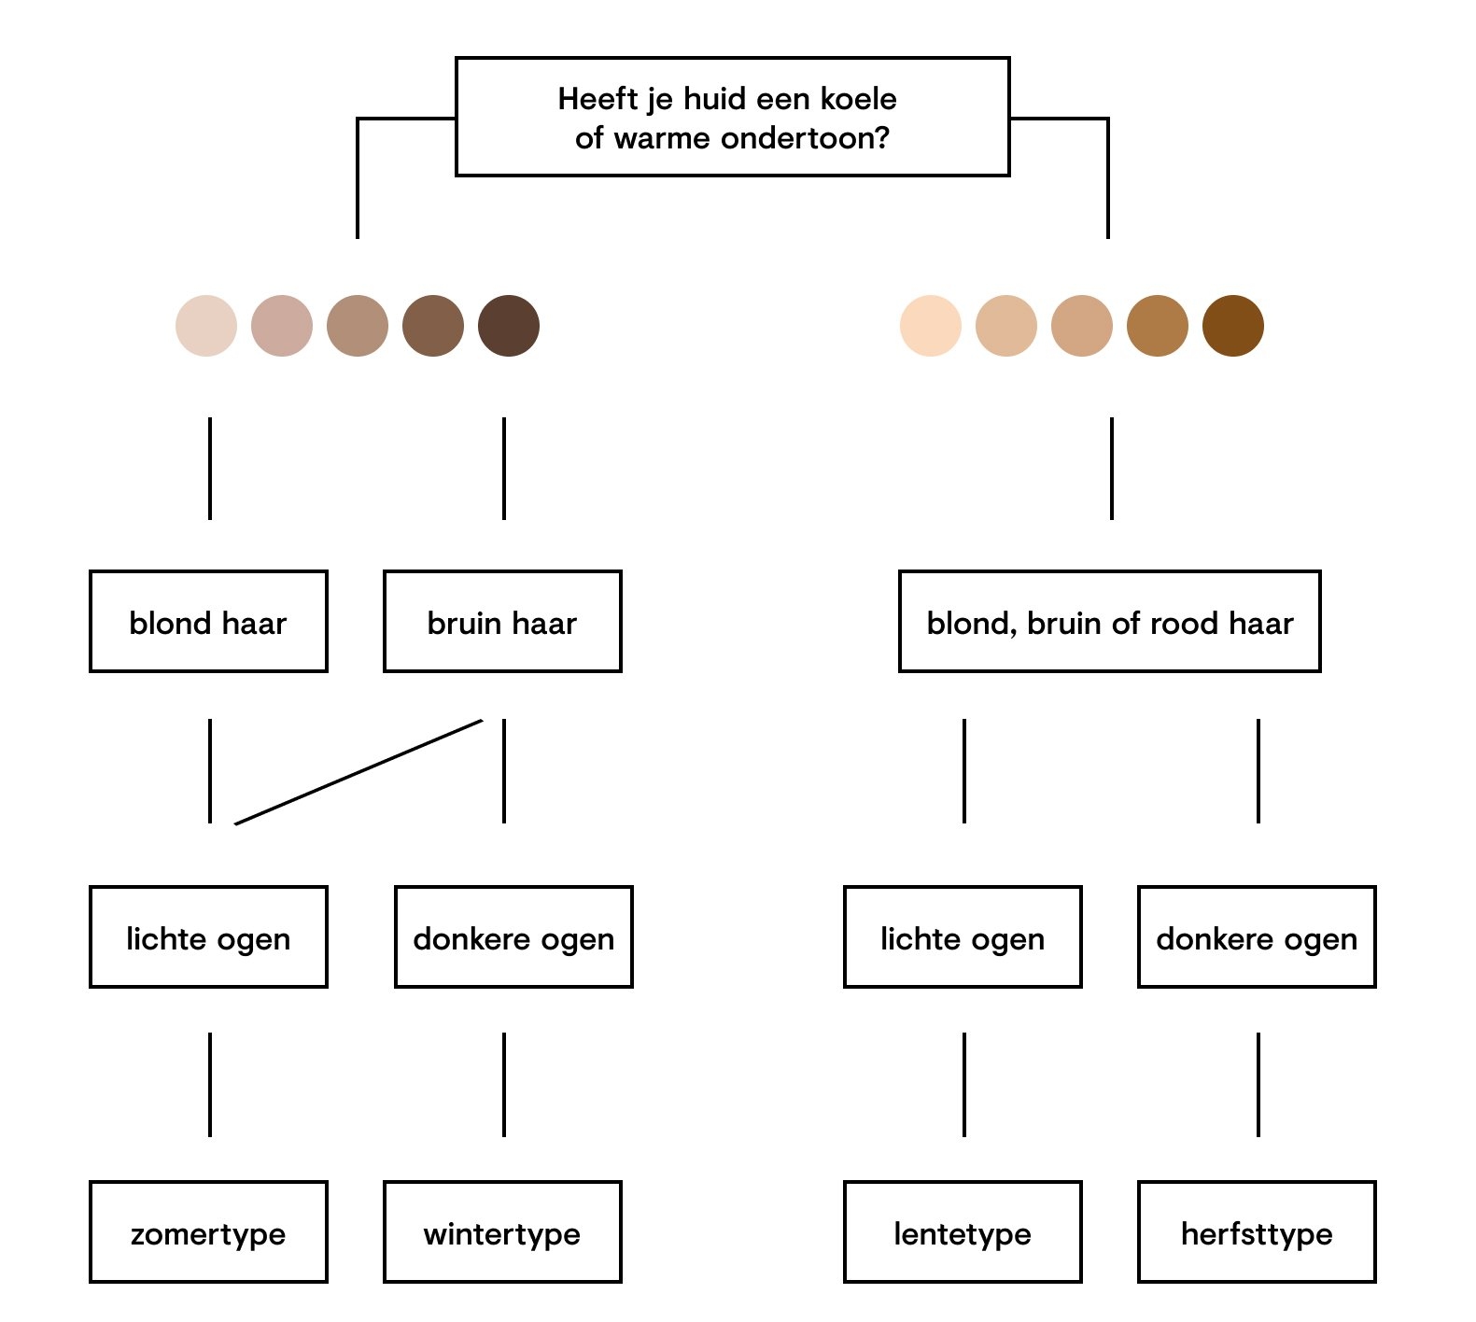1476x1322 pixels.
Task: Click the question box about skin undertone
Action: [732, 117]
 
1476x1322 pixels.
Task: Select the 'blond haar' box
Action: [208, 621]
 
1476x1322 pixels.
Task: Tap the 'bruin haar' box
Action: [502, 621]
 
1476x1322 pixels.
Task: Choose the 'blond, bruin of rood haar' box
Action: [1109, 621]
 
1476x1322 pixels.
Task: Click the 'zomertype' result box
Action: [208, 1231]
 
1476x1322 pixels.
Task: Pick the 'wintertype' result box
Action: [502, 1231]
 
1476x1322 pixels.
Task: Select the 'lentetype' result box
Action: [963, 1231]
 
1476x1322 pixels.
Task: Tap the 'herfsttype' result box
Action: [1257, 1231]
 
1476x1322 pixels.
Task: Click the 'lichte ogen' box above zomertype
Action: [208, 936]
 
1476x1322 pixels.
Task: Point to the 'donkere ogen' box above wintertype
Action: [513, 936]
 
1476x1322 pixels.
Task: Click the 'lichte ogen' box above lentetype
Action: [963, 936]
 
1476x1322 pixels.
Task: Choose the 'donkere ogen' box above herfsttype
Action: [1257, 936]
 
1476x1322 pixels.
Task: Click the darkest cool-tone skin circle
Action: [509, 326]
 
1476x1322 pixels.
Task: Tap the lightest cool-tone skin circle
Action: [206, 326]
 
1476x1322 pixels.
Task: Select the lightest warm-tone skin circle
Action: [931, 326]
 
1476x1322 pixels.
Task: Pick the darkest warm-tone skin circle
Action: [1233, 326]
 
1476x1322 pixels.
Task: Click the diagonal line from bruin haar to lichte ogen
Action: [358, 772]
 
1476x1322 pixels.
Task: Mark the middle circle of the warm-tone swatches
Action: [1082, 326]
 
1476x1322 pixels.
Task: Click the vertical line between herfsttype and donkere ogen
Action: [1258, 1084]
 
